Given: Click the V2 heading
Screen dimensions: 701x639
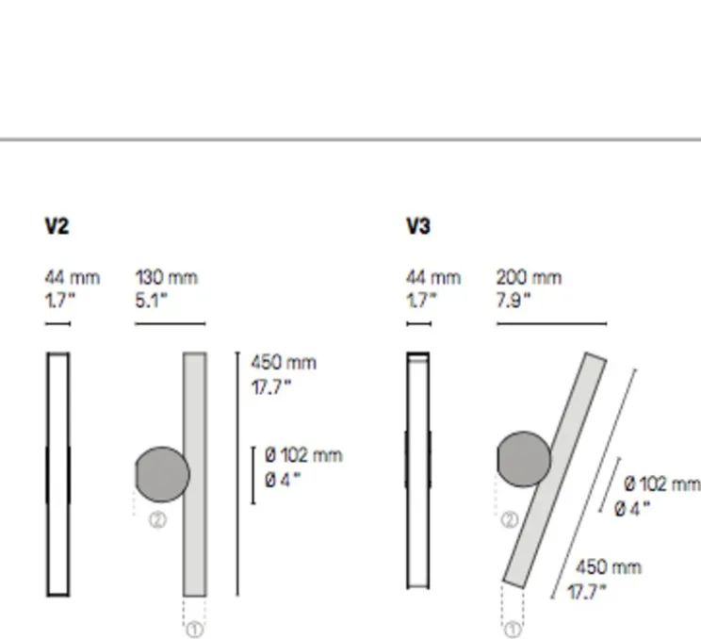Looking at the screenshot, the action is (57, 226).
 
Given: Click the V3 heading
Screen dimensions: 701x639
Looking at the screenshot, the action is (418, 226).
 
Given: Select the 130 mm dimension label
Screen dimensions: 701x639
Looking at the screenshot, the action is (167, 278).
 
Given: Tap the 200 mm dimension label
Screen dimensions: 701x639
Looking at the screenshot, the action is (529, 278).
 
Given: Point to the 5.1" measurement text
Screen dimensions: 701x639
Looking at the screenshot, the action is (151, 301).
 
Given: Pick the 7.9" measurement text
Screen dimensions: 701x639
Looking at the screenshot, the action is (514, 301).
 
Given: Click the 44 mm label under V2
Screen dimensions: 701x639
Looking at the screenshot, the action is (72, 278).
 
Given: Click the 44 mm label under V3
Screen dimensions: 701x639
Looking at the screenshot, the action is (433, 278).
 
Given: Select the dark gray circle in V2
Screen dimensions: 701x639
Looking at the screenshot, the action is (162, 474).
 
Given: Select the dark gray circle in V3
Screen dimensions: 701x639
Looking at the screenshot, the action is (524, 459).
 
